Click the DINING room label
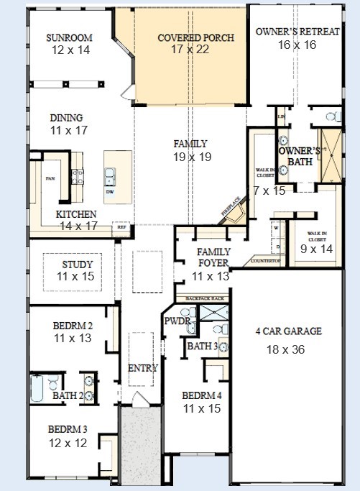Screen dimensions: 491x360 66,118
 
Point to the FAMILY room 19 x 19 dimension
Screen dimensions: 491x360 190,157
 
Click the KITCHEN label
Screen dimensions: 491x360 76,214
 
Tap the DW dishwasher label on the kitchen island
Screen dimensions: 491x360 109,192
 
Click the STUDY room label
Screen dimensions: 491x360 78,264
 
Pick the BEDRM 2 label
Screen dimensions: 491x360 73,325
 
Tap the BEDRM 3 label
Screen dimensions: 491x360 68,429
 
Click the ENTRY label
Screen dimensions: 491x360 142,368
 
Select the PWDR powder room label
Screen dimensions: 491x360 177,321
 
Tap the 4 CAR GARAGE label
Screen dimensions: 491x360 288,331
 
